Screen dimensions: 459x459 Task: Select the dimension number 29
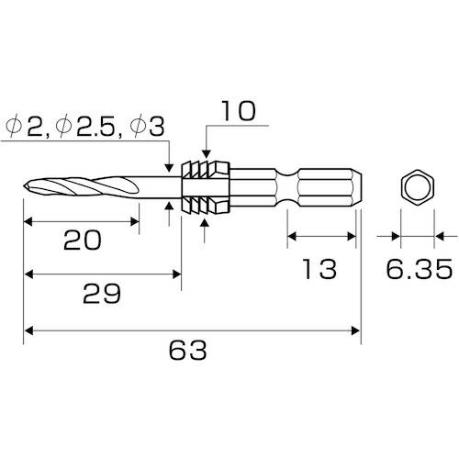tap(101, 295)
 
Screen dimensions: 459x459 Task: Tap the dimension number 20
tap(83, 241)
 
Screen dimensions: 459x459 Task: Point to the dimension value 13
tap(321, 269)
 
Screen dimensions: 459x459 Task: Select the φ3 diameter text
tap(151, 125)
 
